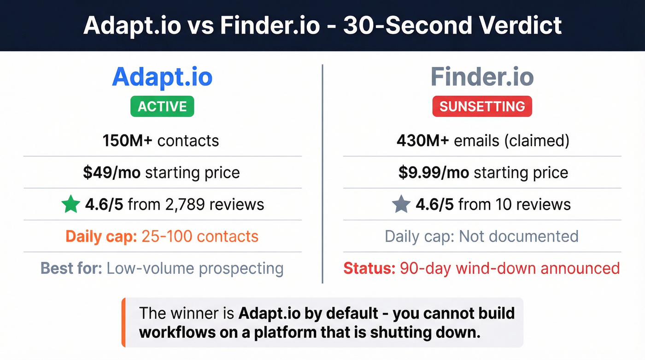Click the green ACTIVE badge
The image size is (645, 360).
pyautogui.click(x=162, y=106)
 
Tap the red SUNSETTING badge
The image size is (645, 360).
pyautogui.click(x=482, y=106)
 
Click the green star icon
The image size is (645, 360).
pyautogui.click(x=70, y=205)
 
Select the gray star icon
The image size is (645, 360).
pyautogui.click(x=401, y=205)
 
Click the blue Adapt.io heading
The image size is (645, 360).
pyautogui.click(x=162, y=77)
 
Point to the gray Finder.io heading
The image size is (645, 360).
pyautogui.click(x=482, y=77)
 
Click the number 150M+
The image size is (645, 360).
pyautogui.click(x=128, y=141)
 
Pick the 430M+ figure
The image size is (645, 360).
pyautogui.click(x=422, y=141)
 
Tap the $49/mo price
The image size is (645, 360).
pyautogui.click(x=112, y=173)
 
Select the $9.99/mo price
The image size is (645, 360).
pyautogui.click(x=434, y=173)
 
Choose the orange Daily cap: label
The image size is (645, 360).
pyautogui.click(x=100, y=236)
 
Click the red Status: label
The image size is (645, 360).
pyautogui.click(x=369, y=268)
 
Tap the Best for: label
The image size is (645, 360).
pyautogui.click(x=71, y=268)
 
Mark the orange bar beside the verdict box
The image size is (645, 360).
pyautogui.click(x=123, y=322)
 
